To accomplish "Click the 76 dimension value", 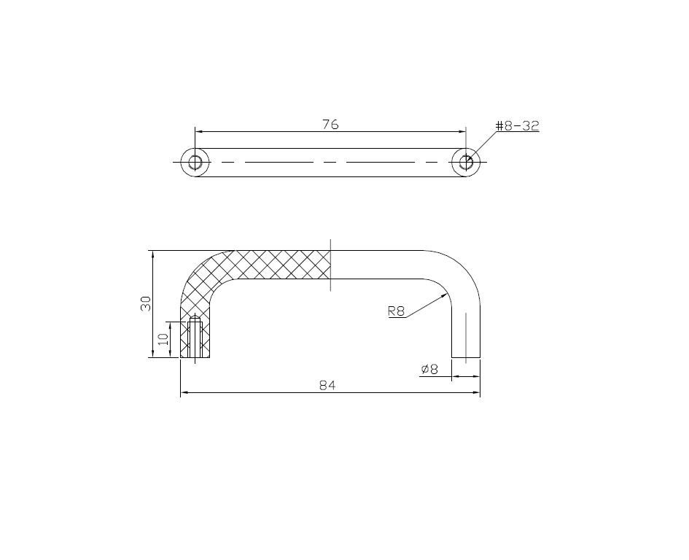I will coord(330,124).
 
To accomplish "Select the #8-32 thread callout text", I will coord(517,125).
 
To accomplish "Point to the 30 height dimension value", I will coord(145,303).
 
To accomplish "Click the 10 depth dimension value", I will coord(163,339).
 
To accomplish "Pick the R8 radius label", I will coord(396,311).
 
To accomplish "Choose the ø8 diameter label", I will coord(429,369).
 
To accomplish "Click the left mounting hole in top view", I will coord(195,162).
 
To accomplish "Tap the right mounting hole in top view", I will coord(466,162).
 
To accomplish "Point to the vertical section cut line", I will coord(330,265).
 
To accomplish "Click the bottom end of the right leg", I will coord(466,357).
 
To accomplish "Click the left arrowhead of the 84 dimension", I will coord(184,393).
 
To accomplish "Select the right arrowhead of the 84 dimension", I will coord(477,393).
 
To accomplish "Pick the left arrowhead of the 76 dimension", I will coord(198,132).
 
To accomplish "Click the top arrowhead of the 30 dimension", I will coord(152,254).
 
